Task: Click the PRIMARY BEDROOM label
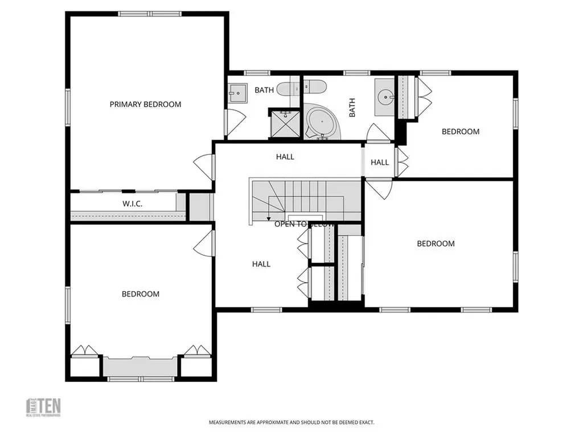point(145,104)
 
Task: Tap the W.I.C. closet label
point(132,204)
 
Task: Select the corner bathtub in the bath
point(321,122)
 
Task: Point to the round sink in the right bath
point(387,97)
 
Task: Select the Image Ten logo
point(44,407)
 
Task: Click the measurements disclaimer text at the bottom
point(291,423)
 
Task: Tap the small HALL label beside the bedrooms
point(380,162)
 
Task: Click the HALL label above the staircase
point(285,156)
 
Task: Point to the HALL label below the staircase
point(261,264)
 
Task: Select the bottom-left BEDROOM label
point(141,294)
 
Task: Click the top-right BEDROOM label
point(461,131)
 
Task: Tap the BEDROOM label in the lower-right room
point(436,244)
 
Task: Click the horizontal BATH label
point(264,90)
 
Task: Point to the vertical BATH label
point(352,107)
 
